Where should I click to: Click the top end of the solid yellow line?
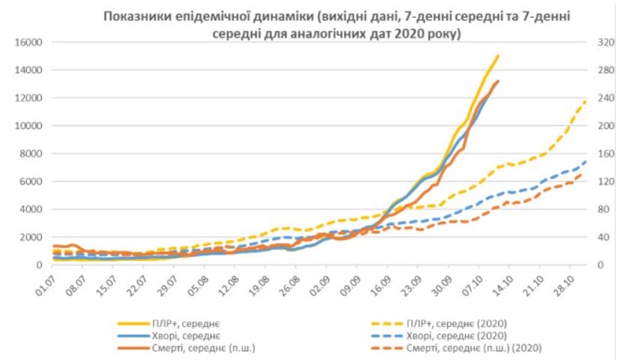click(x=498, y=55)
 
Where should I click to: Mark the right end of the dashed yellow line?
click(x=586, y=100)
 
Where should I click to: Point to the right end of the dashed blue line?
click(x=586, y=160)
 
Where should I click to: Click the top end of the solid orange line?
click(x=498, y=81)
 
